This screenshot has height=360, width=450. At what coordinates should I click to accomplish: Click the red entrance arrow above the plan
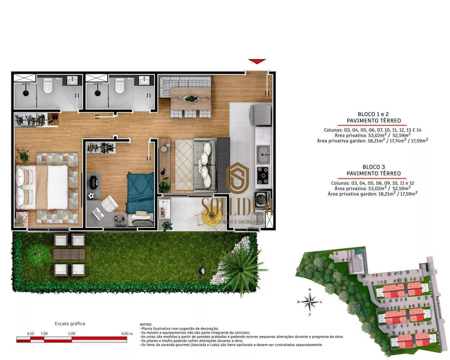click(257, 61)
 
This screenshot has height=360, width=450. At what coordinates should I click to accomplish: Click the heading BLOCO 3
click(373, 166)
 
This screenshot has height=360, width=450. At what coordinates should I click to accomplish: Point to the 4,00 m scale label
click(127, 333)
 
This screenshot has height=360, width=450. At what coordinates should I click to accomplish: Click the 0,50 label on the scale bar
click(31, 333)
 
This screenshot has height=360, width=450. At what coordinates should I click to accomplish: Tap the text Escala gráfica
click(70, 323)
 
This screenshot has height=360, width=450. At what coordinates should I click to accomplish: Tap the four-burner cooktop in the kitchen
click(262, 173)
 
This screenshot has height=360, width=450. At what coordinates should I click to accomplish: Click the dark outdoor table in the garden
click(69, 254)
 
